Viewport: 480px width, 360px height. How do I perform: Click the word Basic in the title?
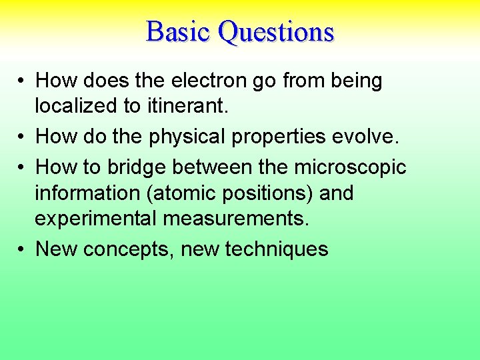point(178,31)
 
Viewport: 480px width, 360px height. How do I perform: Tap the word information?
point(81,193)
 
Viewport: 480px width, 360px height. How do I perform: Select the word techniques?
point(277,249)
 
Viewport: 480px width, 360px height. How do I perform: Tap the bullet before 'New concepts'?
point(22,249)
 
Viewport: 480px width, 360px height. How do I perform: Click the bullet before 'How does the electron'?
point(22,81)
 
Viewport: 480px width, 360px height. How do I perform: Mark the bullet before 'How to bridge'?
point(22,167)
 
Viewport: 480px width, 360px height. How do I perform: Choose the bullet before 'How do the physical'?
point(22,137)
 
